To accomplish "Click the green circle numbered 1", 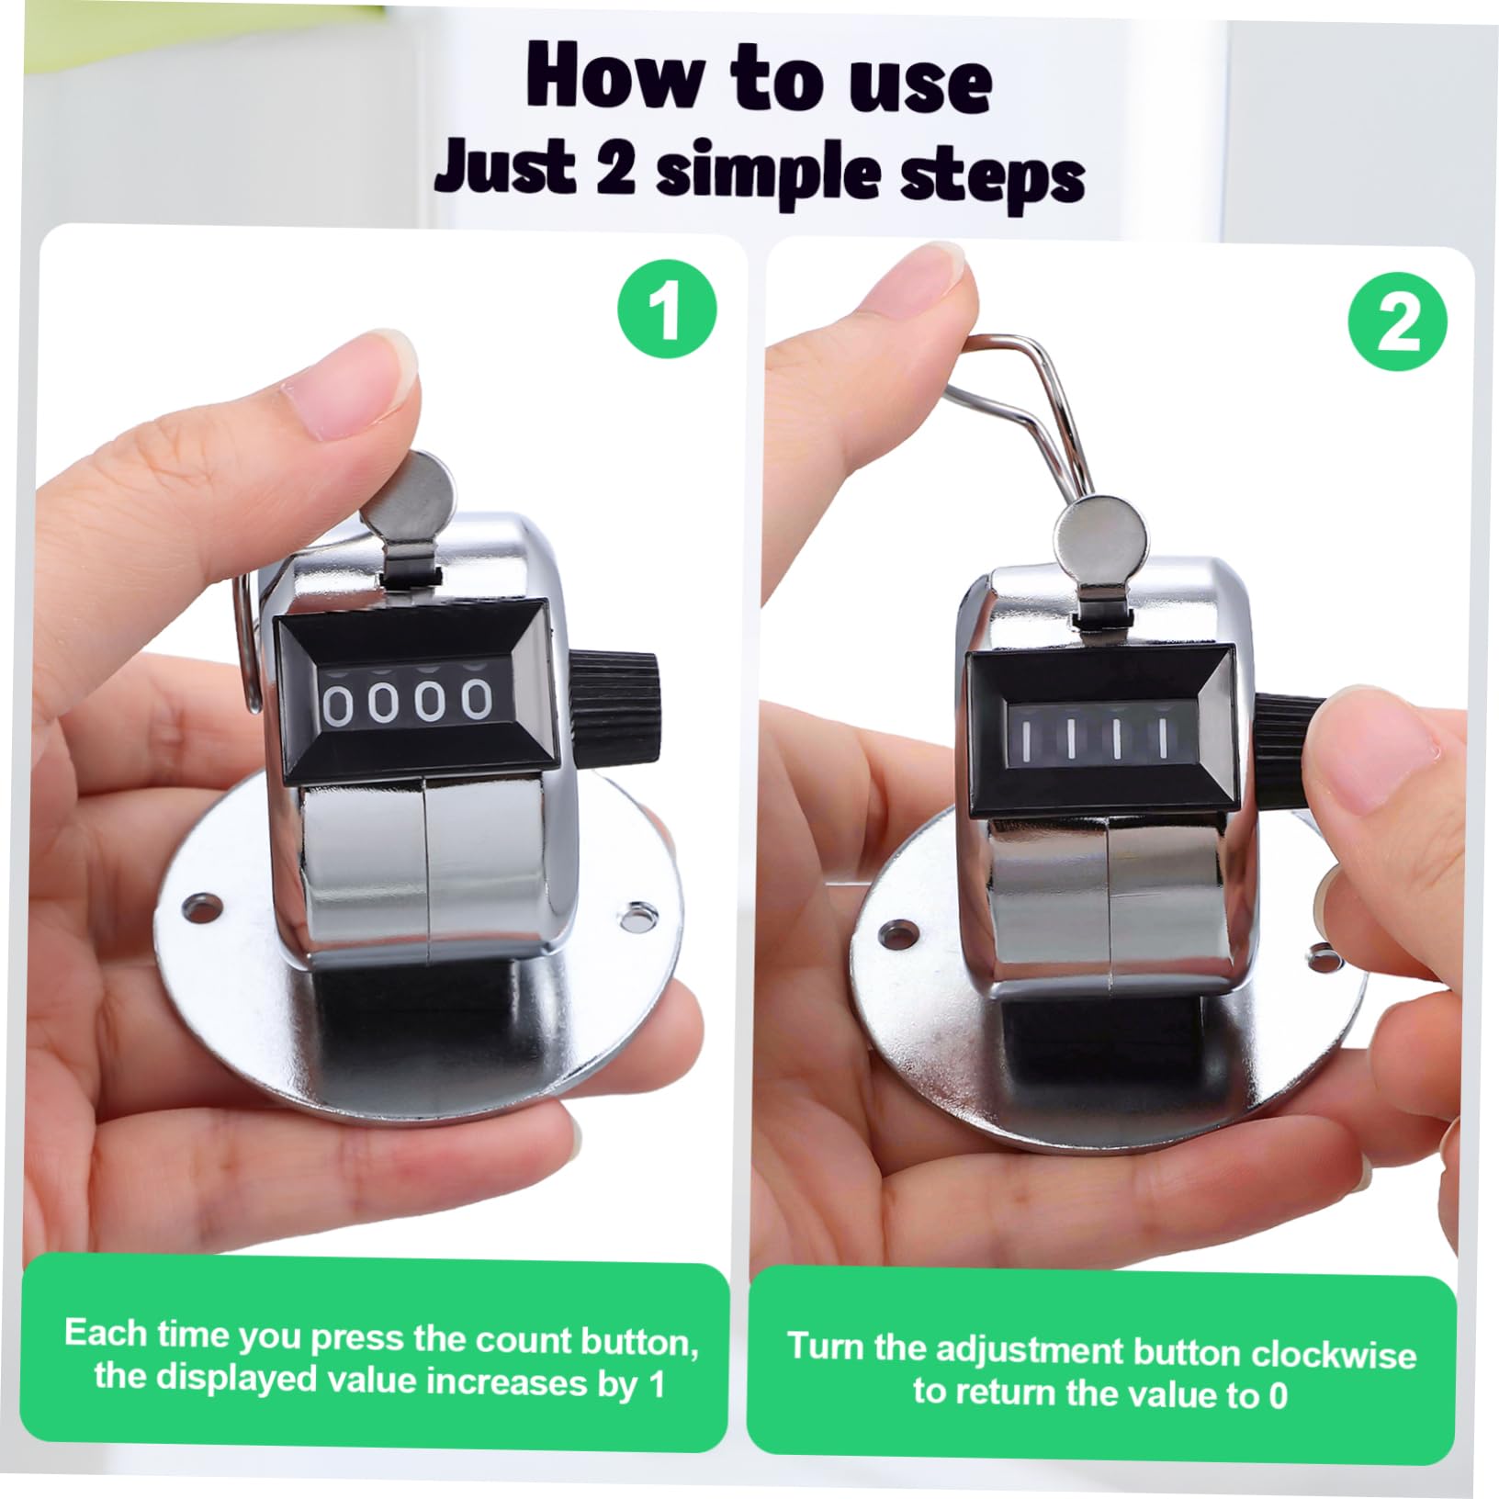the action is [x=667, y=309].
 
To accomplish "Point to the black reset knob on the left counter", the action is [x=614, y=698].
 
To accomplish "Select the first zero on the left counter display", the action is [x=337, y=704].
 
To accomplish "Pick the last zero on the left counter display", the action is [x=476, y=701].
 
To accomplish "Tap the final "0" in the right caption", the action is [x=1277, y=1397].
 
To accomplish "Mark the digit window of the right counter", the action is [x=1093, y=737].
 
